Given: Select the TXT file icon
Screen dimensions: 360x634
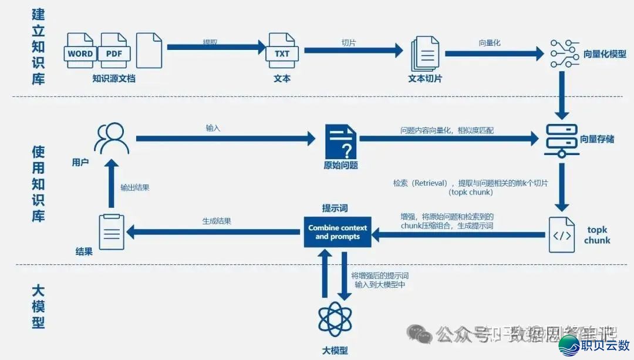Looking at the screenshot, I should tap(282, 52).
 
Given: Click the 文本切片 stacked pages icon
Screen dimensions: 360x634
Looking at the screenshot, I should tap(425, 54).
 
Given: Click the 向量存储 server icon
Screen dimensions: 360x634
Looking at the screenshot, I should tap(562, 140).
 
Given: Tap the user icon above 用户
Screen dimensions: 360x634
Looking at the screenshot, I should tap(112, 139).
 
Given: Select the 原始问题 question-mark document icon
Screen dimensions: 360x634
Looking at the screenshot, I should tap(340, 141).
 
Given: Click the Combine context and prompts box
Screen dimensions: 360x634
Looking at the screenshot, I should tap(338, 232).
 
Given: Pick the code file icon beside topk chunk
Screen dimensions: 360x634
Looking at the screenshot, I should tap(562, 234).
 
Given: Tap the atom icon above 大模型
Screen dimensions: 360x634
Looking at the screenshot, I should tap(335, 318).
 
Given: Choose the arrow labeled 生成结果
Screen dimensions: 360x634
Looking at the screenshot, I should tap(214, 233).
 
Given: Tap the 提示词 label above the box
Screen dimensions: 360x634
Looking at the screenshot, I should tap(335, 208).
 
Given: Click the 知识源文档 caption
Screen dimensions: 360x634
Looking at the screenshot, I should tap(114, 78).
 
